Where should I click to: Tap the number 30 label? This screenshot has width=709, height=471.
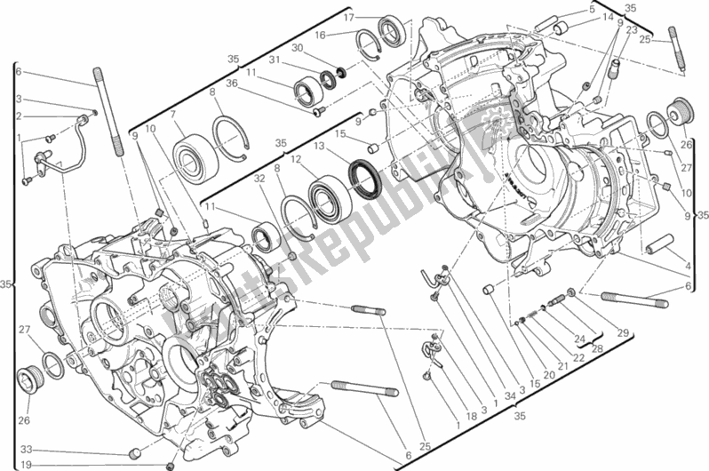tap(298, 47)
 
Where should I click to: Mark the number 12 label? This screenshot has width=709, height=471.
tap(297, 160)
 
